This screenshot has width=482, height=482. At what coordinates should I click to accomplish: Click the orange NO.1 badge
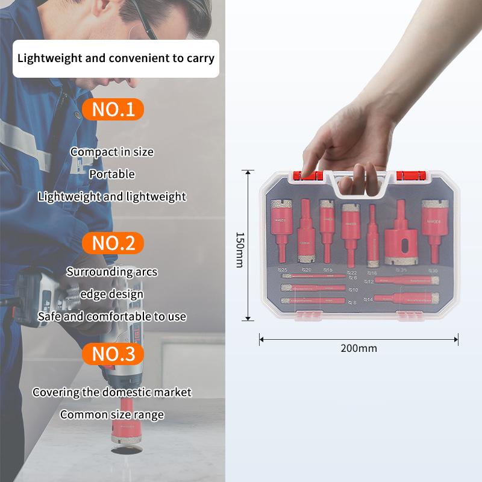(x=113, y=109)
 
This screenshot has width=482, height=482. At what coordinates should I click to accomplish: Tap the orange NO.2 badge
(x=113, y=243)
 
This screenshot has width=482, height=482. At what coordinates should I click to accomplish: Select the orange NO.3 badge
(x=113, y=354)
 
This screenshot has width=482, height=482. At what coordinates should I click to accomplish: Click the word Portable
(x=112, y=174)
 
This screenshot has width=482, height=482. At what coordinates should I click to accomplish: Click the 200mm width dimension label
(x=358, y=348)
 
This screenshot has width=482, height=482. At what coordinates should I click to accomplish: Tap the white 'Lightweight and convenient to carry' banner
(x=116, y=58)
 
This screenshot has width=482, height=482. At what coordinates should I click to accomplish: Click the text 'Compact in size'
(x=112, y=152)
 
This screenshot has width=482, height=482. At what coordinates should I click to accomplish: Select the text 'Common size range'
(x=112, y=415)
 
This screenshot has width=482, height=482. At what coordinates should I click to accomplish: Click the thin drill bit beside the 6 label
(x=313, y=278)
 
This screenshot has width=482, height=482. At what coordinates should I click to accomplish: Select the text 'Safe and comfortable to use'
(x=112, y=316)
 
